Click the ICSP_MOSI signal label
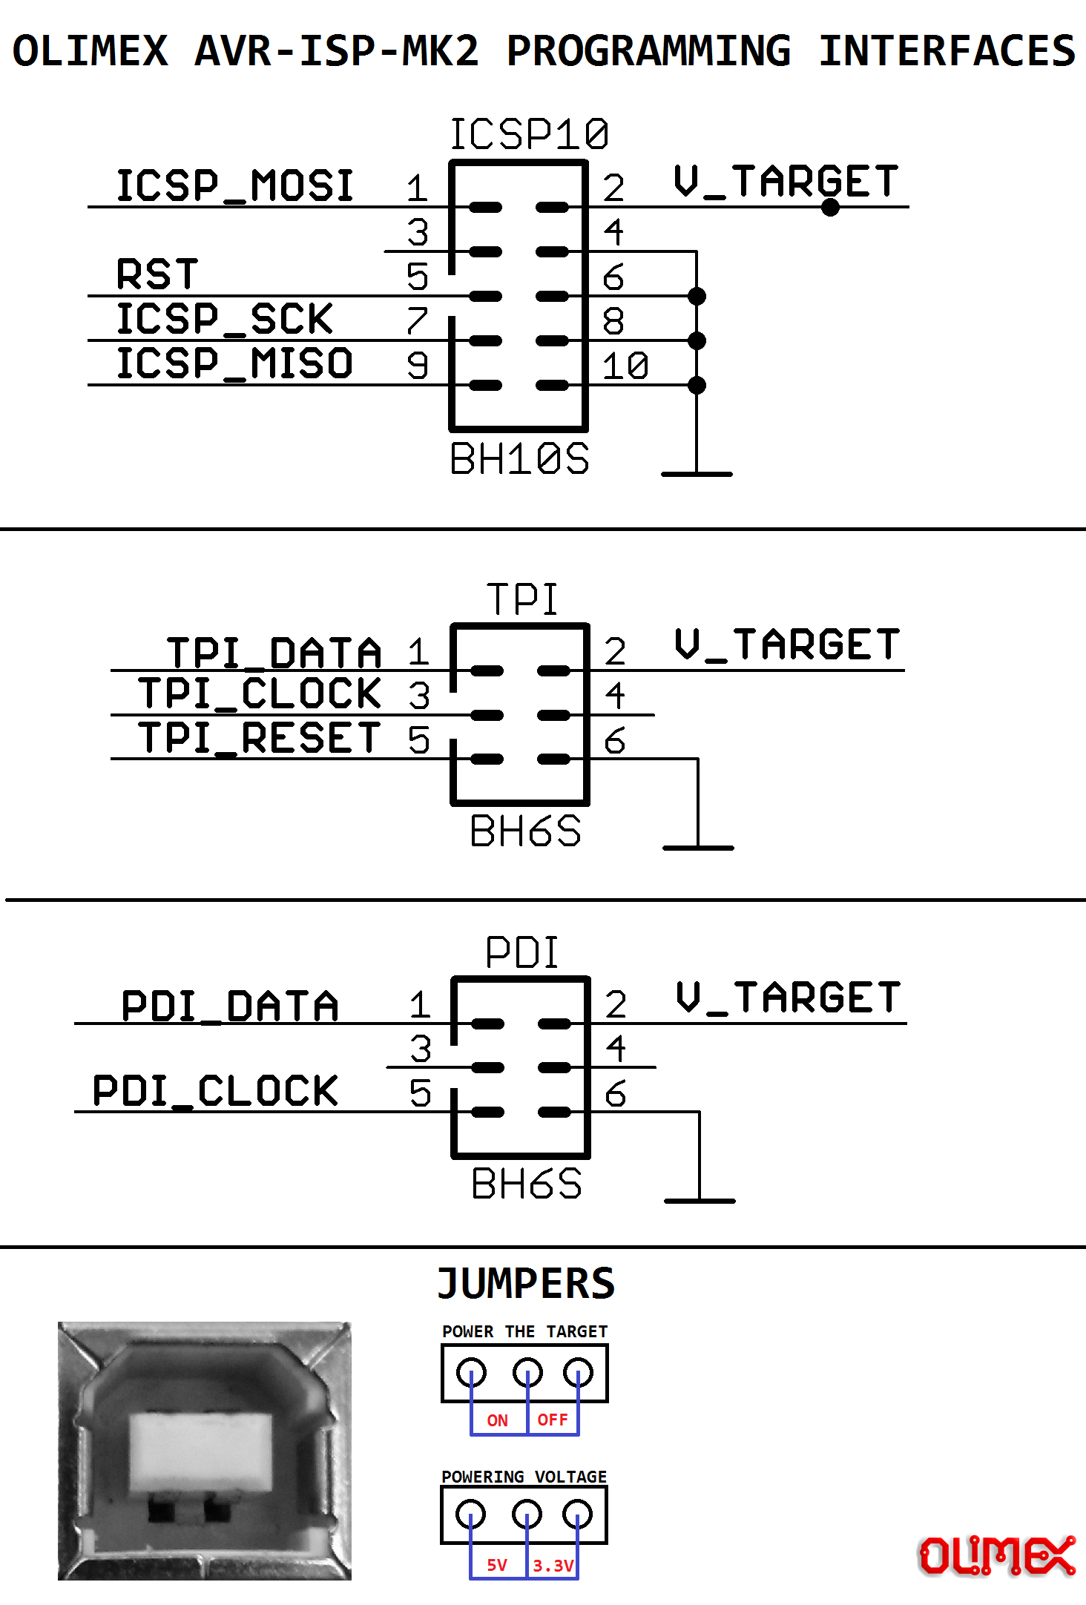234,185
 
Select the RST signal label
157,274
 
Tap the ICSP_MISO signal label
234,363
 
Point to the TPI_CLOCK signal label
260,694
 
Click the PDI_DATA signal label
230,1006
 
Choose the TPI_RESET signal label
260,739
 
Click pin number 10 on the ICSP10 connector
625,366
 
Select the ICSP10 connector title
529,135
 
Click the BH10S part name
519,458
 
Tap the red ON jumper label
497,1420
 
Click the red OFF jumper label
553,1420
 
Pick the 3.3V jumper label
553,1566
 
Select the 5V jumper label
497,1565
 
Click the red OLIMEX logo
997,1555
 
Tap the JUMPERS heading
526,1284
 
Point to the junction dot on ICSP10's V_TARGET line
831,207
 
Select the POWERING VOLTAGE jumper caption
524,1477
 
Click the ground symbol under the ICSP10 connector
697,473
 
